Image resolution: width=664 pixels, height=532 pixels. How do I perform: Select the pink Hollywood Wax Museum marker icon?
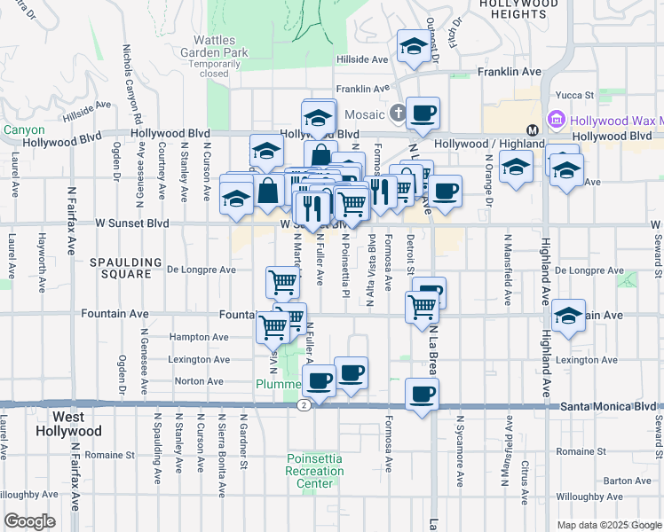(x=557, y=119)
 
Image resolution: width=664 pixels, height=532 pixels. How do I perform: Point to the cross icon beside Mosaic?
(x=398, y=113)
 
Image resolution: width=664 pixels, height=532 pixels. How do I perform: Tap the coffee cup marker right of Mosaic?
(x=423, y=113)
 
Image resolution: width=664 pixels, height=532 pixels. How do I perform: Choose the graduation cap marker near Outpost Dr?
(x=413, y=48)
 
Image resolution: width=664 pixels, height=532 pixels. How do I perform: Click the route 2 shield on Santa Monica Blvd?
(x=304, y=404)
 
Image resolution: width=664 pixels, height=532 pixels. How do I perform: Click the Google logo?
(x=29, y=521)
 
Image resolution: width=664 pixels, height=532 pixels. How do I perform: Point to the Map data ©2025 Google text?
(x=608, y=525)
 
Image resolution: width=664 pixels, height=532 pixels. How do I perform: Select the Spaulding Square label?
(x=126, y=269)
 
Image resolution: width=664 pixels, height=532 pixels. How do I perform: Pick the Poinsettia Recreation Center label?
(x=314, y=465)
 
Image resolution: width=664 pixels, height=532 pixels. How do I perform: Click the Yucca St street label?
(x=575, y=95)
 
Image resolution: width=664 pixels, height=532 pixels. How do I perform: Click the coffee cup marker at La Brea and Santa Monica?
(x=422, y=393)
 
